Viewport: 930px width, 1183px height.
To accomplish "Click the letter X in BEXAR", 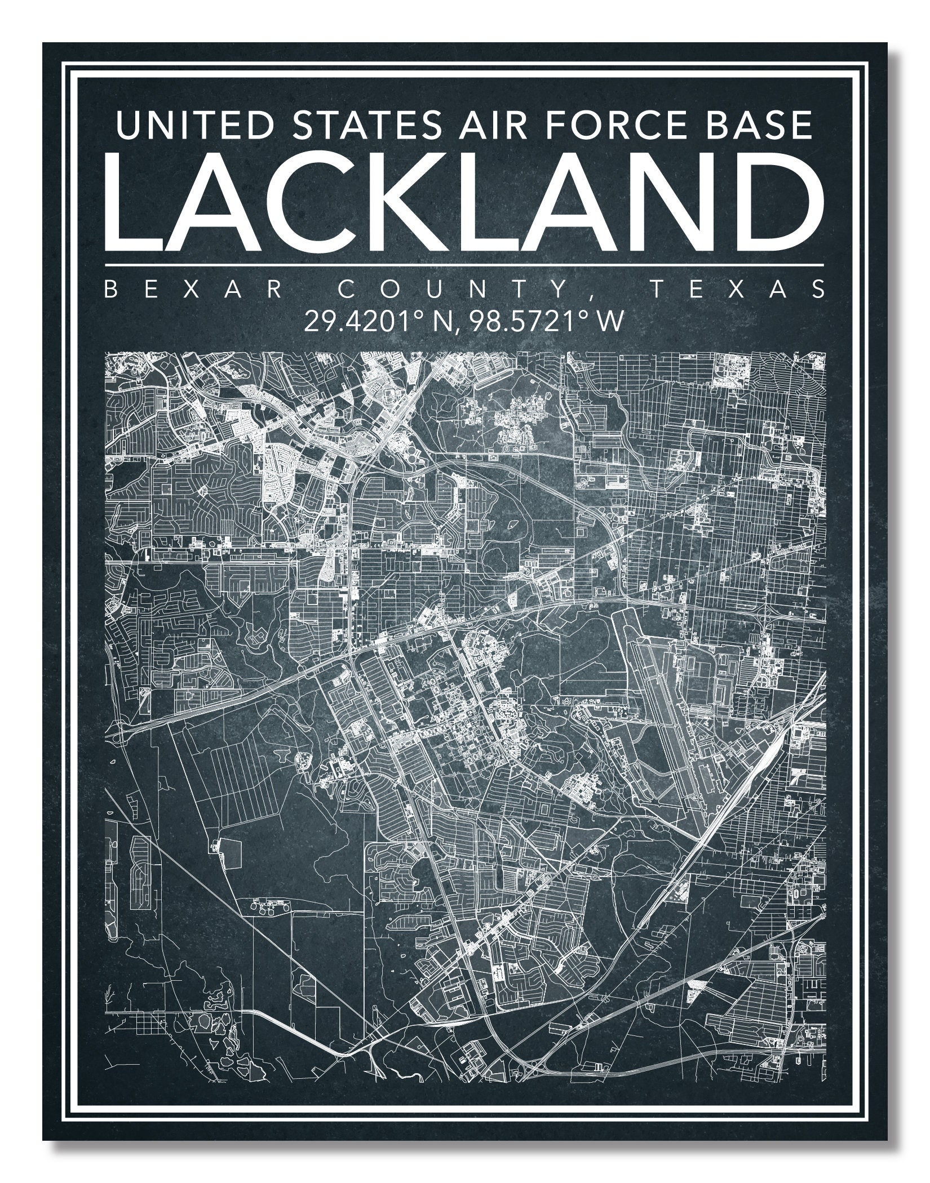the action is (x=193, y=290).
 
